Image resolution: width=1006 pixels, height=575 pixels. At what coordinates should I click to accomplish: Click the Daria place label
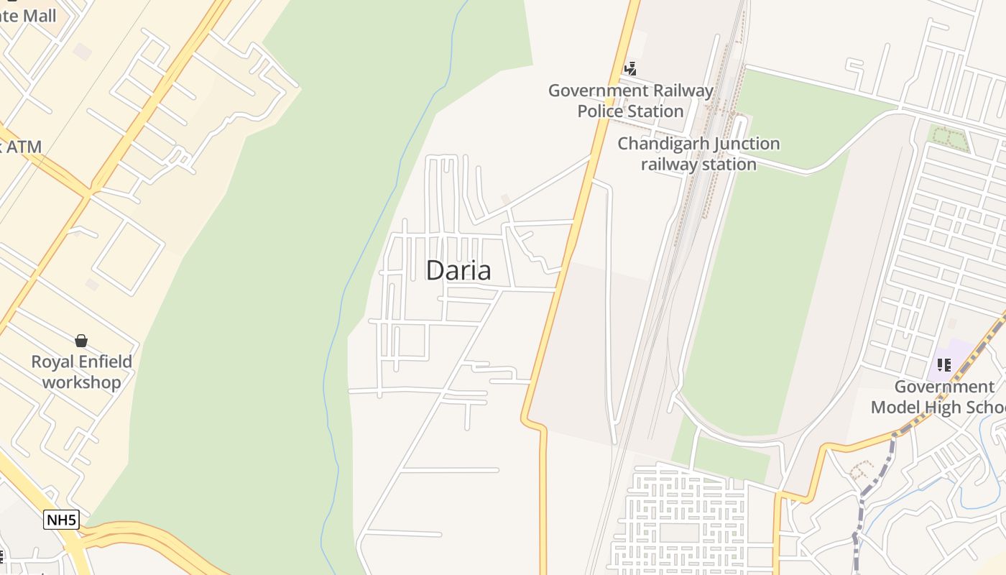tap(458, 270)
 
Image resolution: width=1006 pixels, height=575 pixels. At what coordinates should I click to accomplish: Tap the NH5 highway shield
tap(61, 520)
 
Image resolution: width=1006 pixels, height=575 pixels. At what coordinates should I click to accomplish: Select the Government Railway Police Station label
tap(630, 101)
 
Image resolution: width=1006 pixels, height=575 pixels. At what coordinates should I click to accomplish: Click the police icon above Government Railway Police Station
tap(630, 69)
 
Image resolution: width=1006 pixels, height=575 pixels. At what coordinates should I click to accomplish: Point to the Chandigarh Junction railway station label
tap(698, 154)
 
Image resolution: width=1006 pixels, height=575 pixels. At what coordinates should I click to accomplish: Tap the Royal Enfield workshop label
tap(81, 372)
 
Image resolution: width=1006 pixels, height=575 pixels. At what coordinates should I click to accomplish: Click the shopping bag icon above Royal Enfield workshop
tap(81, 340)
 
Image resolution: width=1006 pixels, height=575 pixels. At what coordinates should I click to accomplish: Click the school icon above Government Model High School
tap(944, 365)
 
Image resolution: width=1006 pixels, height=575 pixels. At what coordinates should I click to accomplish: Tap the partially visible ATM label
tap(22, 147)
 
